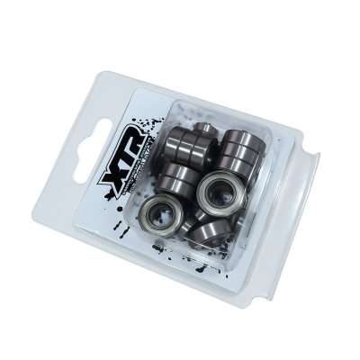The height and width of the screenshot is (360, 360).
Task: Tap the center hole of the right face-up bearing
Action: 217,192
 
